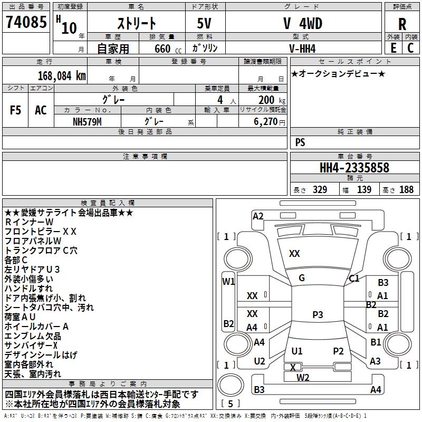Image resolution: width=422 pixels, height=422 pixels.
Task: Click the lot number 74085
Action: pos(26,22)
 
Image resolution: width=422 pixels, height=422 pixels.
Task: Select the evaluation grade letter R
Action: pos(402,24)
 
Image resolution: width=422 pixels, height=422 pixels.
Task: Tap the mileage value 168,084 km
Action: pos(62,76)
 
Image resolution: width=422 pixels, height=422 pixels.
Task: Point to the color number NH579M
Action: pos(87,122)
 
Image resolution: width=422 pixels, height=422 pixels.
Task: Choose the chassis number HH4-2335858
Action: pos(354,168)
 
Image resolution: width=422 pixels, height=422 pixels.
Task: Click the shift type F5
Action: pos(15,110)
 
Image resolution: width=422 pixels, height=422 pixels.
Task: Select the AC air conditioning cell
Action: pos(41,110)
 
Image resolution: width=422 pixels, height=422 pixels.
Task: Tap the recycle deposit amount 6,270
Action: pos(266,122)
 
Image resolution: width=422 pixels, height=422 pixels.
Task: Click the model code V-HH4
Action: pos(302,49)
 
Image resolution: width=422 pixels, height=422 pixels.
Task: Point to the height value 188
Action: pos(406,190)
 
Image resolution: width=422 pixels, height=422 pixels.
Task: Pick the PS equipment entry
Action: pos(300,142)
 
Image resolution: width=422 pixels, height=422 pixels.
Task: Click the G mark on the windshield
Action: pos(302,278)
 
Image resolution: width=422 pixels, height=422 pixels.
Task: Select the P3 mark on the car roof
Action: pos(318,314)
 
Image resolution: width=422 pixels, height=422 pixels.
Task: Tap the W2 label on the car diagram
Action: pos(303,378)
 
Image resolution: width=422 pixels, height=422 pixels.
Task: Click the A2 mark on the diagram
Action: pos(258,216)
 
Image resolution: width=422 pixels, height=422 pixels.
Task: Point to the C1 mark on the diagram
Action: pos(354,279)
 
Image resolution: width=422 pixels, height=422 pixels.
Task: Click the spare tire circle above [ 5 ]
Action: pos(231,385)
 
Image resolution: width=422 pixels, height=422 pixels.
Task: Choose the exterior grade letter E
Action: pos(393,48)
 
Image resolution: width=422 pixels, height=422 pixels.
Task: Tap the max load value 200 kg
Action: pos(272,100)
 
